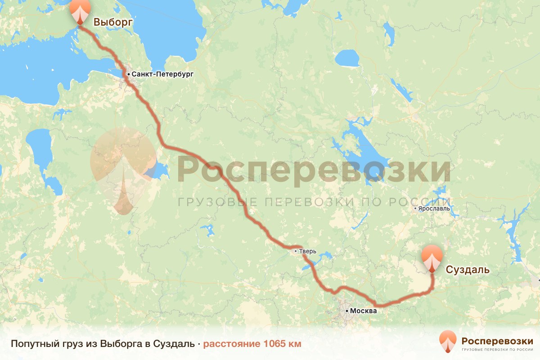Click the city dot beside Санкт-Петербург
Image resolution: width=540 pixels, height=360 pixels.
[x=128, y=74]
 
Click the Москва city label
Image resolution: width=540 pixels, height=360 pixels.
[x=363, y=311]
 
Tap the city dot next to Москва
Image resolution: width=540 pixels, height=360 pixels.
[x=346, y=311]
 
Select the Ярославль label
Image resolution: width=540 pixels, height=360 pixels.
[x=435, y=209]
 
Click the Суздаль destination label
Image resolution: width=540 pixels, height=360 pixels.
[x=467, y=270]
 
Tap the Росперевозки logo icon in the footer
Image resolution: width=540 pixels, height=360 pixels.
[x=448, y=342]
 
